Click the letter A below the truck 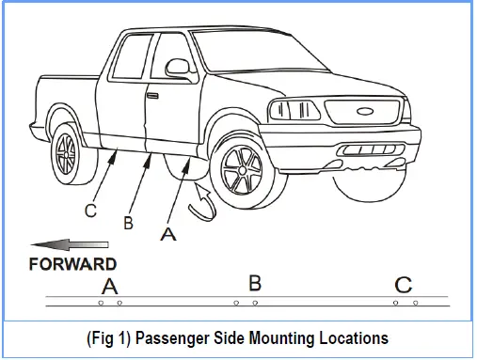168,234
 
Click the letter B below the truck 129,223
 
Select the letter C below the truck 90,211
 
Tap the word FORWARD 72,264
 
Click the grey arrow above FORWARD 70,244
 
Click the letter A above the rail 109,286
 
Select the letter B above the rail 255,283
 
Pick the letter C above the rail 403,285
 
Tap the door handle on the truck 152,96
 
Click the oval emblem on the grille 365,111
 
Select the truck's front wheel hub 243,170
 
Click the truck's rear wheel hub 66,154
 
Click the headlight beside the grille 294,110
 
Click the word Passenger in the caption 172,338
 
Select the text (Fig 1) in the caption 108,338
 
